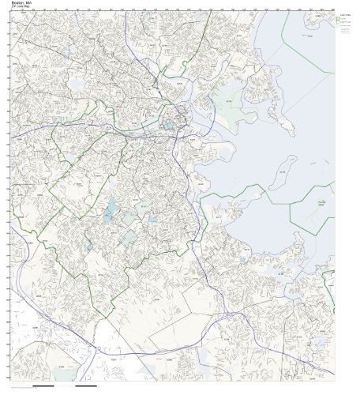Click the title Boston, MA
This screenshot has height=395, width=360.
[21, 2]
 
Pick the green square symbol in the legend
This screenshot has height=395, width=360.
[339, 20]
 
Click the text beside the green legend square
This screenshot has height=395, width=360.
[347, 20]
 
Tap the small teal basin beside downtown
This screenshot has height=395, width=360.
[167, 125]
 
